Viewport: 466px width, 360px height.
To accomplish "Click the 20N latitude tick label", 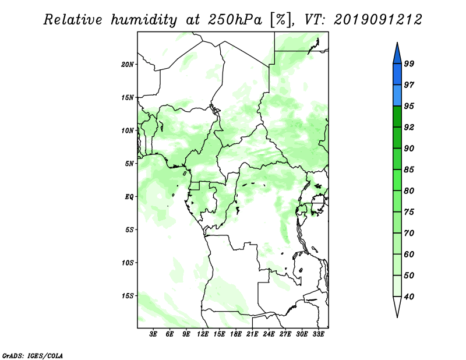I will coord(128,64).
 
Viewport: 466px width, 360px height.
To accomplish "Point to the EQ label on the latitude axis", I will coord(129,196).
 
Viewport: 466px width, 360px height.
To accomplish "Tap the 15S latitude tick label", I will coord(128,295).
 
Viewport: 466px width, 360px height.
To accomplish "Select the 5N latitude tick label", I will coord(129,163).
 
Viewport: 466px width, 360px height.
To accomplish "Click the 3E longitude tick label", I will coord(153,334).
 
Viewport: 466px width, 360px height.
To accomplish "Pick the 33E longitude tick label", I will coord(318,334).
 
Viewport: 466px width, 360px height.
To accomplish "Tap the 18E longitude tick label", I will coord(236,334).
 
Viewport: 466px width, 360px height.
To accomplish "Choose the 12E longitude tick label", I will coord(203,334).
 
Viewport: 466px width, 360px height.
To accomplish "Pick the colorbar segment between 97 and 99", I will coord(397,74).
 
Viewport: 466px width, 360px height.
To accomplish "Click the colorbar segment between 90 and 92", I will coord(397,137).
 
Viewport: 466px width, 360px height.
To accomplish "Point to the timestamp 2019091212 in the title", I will coord(378,19).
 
